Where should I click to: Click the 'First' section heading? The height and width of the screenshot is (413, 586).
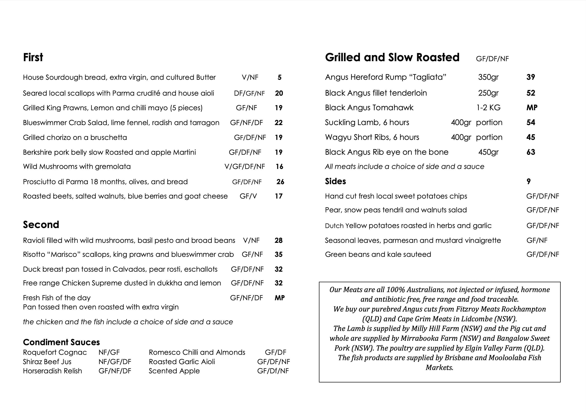tap(33, 57)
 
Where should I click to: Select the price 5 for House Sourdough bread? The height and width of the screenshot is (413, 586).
tap(280, 77)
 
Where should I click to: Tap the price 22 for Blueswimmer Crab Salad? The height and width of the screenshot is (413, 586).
tap(278, 123)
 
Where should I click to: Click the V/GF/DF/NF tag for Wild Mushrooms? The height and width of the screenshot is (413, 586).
tap(244, 167)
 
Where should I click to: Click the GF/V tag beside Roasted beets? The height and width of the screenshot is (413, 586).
tap(248, 196)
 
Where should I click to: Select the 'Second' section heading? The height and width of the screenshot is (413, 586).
tap(41, 225)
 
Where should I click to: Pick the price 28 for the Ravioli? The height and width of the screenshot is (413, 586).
tap(278, 241)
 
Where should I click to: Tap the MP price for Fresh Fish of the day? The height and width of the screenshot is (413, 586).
tap(280, 298)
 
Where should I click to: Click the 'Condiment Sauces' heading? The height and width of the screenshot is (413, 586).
tap(61, 342)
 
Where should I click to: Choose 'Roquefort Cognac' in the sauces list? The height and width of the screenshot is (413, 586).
tap(55, 352)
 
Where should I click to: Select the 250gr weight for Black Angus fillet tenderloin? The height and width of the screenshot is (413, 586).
tap(488, 93)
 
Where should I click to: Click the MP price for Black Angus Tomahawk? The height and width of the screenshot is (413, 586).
tap(532, 108)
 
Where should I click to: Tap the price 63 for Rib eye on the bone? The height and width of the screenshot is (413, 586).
tap(531, 152)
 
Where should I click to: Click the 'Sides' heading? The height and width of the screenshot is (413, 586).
tap(335, 181)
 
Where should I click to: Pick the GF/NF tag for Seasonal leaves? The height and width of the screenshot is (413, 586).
tap(537, 241)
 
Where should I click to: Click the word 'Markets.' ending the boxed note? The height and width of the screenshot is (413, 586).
tap(439, 367)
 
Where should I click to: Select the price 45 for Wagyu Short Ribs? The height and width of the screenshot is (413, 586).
tap(531, 137)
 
